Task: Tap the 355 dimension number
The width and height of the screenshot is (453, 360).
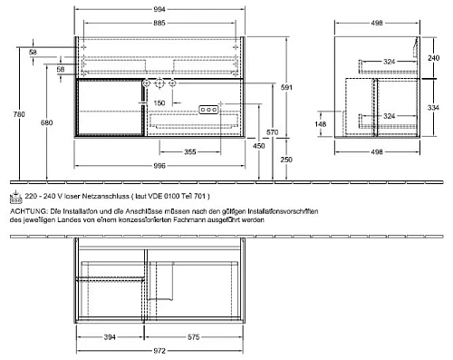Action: [189, 152]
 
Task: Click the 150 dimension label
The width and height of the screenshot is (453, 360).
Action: [159, 104]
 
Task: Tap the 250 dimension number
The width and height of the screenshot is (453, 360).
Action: [287, 160]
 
